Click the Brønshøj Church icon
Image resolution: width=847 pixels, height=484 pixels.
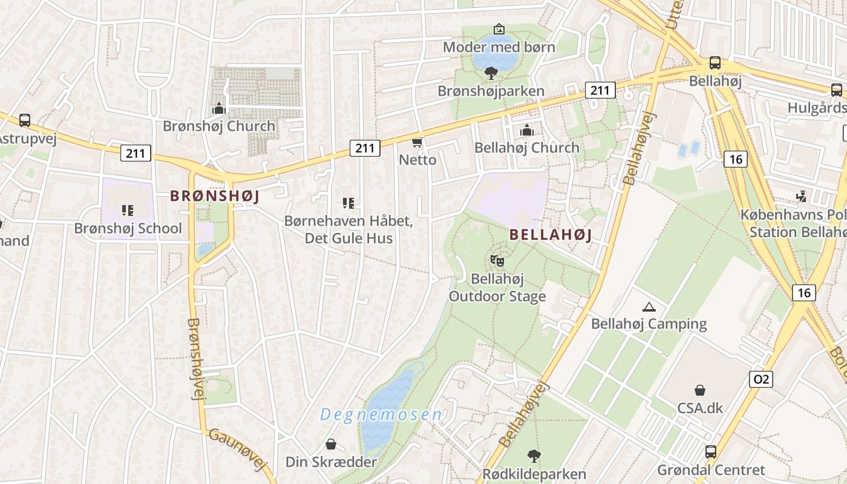coord(218,108)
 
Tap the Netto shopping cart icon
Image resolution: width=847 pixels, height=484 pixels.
coord(417,142)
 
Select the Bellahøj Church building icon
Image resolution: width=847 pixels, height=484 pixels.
coord(526,129)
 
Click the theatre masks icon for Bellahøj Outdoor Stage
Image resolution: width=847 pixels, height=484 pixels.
coord(497,261)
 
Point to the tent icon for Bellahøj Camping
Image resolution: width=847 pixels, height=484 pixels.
coord(649,307)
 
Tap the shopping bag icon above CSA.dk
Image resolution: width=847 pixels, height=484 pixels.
coord(699,390)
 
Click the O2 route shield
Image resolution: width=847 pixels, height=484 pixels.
coord(760,379)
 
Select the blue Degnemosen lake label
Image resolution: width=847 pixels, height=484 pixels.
coord(381,414)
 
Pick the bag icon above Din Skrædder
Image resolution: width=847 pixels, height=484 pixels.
coord(330,445)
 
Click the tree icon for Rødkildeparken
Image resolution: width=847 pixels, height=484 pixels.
coord(534,456)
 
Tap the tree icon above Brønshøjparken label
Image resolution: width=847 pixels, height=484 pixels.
coord(491,73)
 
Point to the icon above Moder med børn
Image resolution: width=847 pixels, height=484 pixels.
coord(499,29)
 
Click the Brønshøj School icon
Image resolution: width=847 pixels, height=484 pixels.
coord(127,211)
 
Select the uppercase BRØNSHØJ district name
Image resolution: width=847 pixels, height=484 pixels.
coord(214,196)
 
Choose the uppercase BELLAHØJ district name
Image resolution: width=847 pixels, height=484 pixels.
coord(551,235)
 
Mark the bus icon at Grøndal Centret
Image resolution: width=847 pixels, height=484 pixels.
coord(710,452)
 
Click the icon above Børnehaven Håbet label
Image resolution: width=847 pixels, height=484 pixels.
coord(348,203)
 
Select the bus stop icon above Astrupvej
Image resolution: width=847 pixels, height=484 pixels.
coord(25,120)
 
